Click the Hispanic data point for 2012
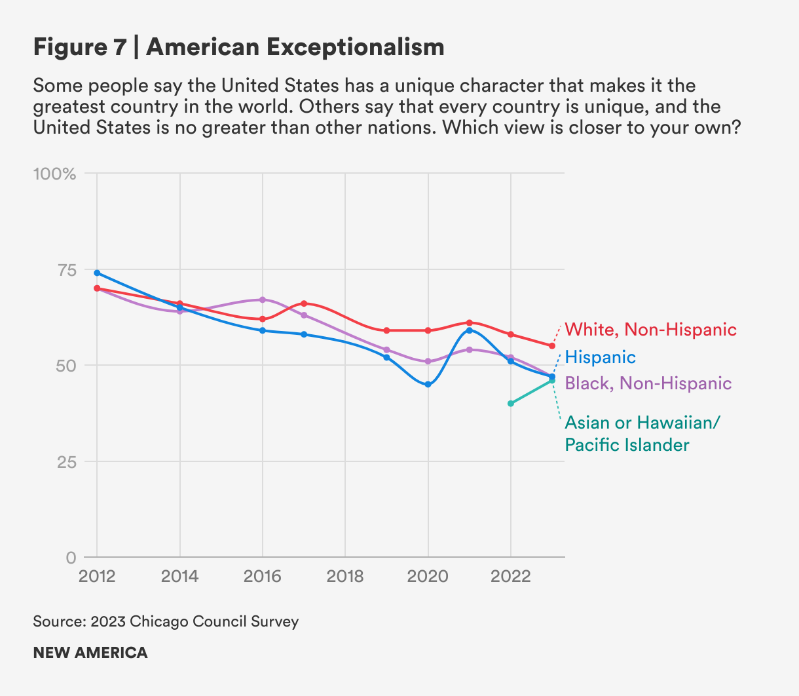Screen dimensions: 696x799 click(97, 273)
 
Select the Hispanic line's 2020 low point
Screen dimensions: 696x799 click(428, 385)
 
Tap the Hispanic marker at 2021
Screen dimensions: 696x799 click(470, 330)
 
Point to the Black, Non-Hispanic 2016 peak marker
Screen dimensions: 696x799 click(263, 300)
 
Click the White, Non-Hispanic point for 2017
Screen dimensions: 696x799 click(304, 303)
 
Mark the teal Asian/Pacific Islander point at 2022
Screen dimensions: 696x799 click(511, 404)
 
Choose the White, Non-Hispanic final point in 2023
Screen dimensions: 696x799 click(552, 346)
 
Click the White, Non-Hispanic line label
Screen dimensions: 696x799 click(650, 330)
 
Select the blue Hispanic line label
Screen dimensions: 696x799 click(600, 357)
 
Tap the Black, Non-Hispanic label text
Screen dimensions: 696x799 click(648, 383)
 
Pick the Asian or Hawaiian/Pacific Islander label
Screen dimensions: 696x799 click(642, 434)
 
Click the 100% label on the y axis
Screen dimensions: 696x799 click(54, 174)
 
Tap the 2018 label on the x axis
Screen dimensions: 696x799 click(345, 577)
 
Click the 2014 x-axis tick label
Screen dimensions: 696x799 click(179, 577)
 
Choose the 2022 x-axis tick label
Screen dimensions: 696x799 click(510, 577)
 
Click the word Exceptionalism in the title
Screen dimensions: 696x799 click(354, 47)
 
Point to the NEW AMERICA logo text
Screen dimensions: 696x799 click(90, 653)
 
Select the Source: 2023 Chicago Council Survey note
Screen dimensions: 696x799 click(166, 621)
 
